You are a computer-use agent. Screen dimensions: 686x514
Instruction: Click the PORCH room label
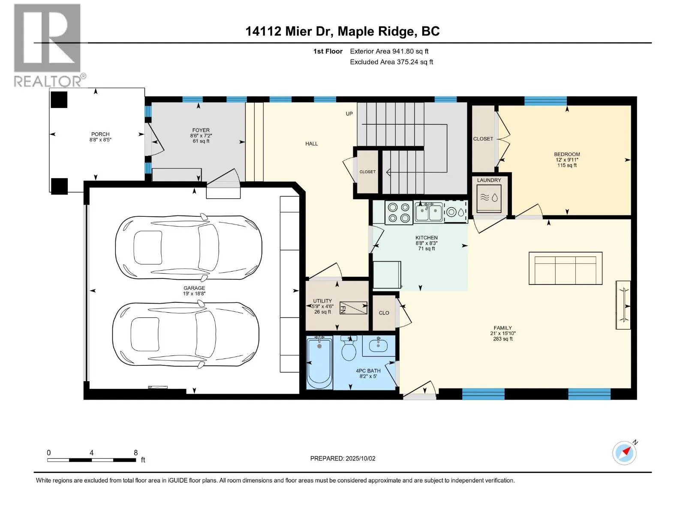click(x=100, y=134)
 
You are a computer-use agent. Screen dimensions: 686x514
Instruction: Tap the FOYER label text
click(x=201, y=130)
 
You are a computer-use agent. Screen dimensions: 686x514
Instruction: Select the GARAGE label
click(x=194, y=288)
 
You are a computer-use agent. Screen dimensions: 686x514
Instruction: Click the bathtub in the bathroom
click(x=319, y=362)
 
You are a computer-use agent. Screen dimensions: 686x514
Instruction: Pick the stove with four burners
click(x=399, y=212)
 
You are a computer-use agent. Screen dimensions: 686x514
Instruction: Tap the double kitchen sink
click(x=428, y=212)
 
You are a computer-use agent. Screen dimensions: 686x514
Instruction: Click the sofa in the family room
click(x=565, y=269)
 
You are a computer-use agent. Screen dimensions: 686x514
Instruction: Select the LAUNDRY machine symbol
click(x=489, y=198)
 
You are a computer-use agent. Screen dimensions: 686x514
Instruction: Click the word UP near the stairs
click(x=349, y=114)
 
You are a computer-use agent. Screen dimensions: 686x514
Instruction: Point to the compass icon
click(x=624, y=453)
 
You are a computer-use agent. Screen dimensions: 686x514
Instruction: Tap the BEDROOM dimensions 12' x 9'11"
click(x=567, y=159)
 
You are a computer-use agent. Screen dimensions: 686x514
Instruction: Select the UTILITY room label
click(x=322, y=301)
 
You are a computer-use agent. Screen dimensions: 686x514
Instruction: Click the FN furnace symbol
click(x=353, y=308)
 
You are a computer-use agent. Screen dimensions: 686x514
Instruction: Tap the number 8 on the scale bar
click(x=135, y=452)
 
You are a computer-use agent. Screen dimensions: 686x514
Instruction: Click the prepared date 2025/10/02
click(x=360, y=458)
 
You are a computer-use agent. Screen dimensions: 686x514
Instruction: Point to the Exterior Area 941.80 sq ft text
click(x=389, y=51)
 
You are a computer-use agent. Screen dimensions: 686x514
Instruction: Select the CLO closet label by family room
click(x=384, y=313)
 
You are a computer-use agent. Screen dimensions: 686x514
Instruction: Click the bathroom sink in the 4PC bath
click(x=378, y=346)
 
